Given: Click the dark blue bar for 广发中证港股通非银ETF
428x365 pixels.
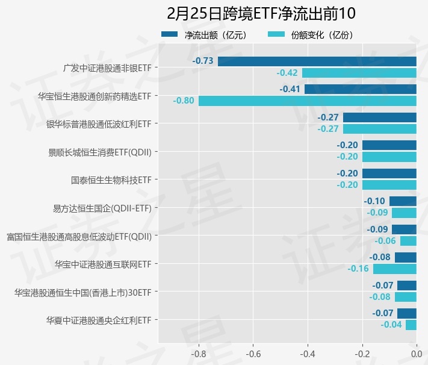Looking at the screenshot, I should (317, 61).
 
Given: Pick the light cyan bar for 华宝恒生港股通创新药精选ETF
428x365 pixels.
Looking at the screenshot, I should (308, 101).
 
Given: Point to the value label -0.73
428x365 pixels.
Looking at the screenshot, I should (203, 61).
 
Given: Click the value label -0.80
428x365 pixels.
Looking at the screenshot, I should (184, 101).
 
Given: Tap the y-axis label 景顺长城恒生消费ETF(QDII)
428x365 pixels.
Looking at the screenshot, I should (99, 152).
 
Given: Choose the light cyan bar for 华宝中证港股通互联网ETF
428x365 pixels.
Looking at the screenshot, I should (395, 269).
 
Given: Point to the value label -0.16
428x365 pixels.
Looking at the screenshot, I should (358, 269).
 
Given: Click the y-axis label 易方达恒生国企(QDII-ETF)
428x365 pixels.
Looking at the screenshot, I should (102, 208).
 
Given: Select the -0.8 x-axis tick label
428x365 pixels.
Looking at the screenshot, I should (199, 354).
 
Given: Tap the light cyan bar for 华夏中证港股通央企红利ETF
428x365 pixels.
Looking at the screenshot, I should (411, 325).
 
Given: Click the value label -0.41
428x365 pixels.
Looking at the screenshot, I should (290, 89).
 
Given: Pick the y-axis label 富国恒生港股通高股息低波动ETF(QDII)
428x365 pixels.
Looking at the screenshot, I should (78, 236).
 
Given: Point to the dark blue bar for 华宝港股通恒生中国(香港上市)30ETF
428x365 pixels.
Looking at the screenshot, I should (407, 285).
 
